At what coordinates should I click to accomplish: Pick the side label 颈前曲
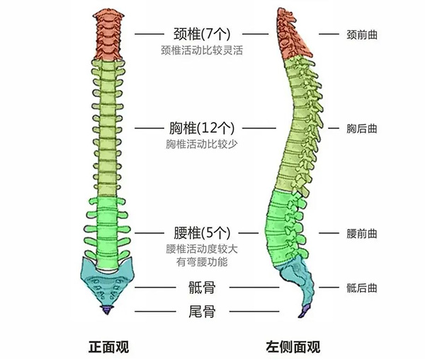[x=361, y=33]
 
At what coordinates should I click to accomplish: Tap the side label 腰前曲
[x=361, y=233]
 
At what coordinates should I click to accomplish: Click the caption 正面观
[x=108, y=347]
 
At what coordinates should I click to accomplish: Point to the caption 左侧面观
[x=293, y=347]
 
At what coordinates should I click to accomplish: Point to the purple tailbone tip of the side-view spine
[x=305, y=310]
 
